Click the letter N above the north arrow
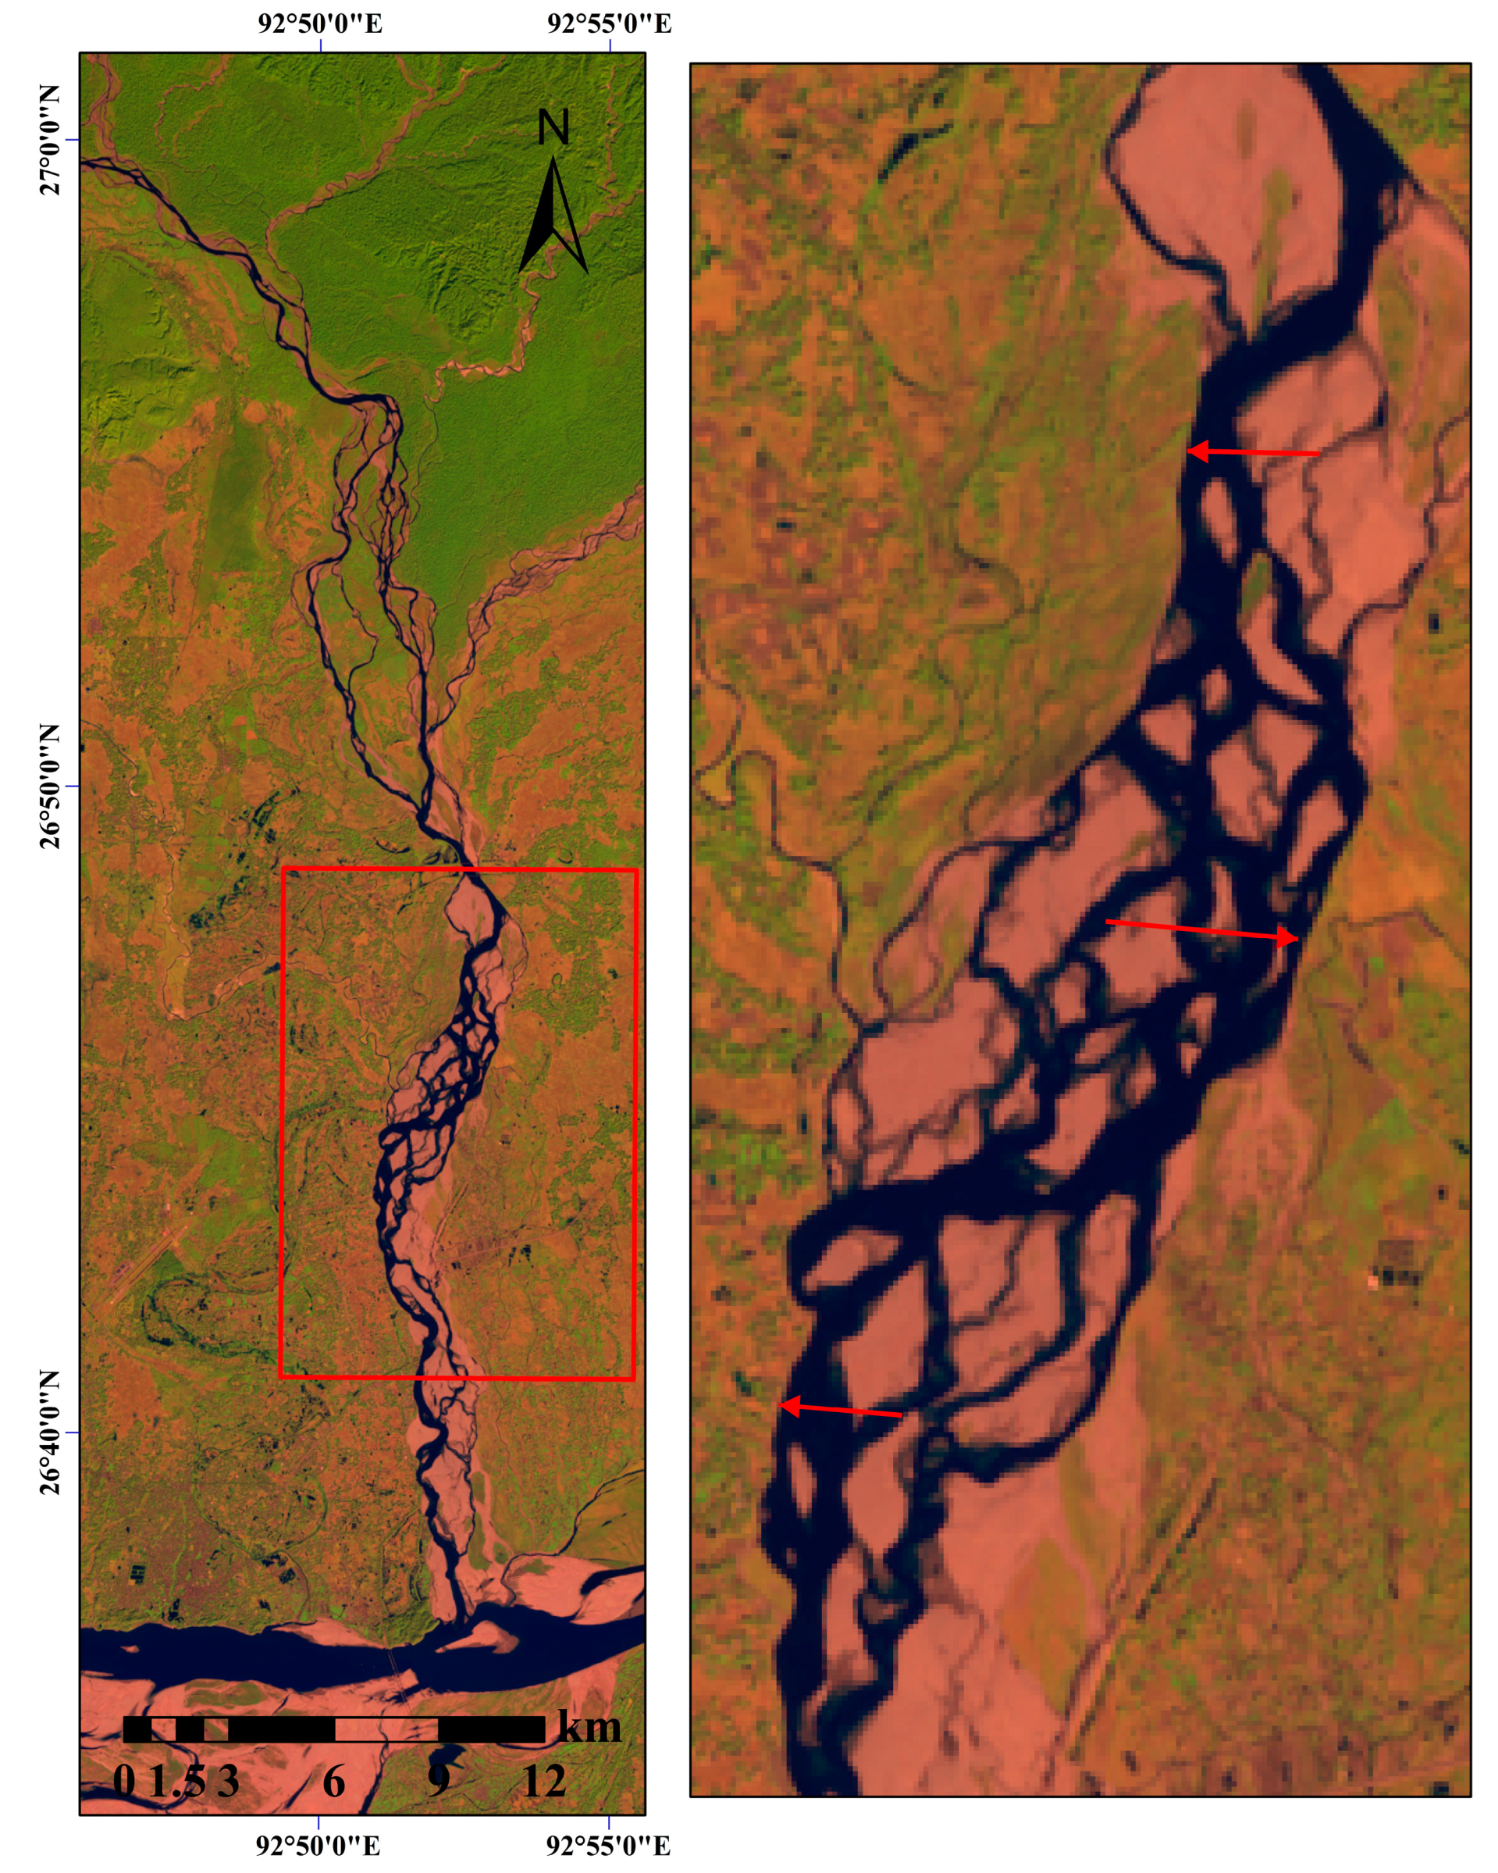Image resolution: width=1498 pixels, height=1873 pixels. pos(553,128)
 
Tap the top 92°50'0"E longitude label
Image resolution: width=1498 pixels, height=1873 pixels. pos(319,23)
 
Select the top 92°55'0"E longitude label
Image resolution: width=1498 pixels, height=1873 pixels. pos(609,23)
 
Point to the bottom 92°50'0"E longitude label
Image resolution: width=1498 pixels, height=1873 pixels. pos(318,1844)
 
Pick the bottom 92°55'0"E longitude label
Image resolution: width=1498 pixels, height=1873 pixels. pos(608,1844)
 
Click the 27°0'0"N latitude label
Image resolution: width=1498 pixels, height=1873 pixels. pos(51,140)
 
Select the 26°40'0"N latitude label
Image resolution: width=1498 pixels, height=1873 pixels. pos(51,1432)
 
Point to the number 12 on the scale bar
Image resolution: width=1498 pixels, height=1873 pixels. pos(545,1781)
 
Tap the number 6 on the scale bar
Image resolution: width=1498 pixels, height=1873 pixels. pos(334,1781)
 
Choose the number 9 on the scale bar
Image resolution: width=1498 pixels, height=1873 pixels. pos(439,1781)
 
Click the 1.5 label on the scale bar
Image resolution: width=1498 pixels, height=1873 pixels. pos(176,1781)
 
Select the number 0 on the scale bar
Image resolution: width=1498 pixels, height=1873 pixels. pos(124,1781)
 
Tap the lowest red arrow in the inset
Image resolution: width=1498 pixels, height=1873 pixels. pos(840,1410)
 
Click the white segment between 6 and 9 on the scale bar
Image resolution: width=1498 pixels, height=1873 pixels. pos(386,1729)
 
